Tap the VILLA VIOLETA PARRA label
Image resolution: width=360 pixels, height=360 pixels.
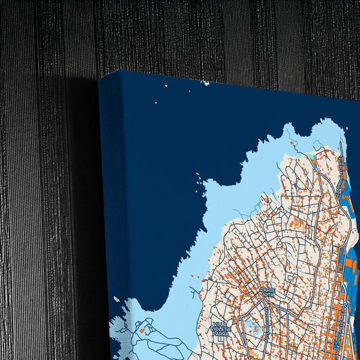pyautogui.click(x=220, y=329)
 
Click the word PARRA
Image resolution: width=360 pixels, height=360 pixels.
pyautogui.click(x=221, y=334)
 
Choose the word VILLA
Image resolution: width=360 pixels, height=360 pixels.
pyautogui.click(x=219, y=324)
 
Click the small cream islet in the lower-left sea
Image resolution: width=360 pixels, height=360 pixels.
pyautogui.click(x=116, y=299)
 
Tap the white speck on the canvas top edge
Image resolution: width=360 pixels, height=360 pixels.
pyautogui.click(x=205, y=83)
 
